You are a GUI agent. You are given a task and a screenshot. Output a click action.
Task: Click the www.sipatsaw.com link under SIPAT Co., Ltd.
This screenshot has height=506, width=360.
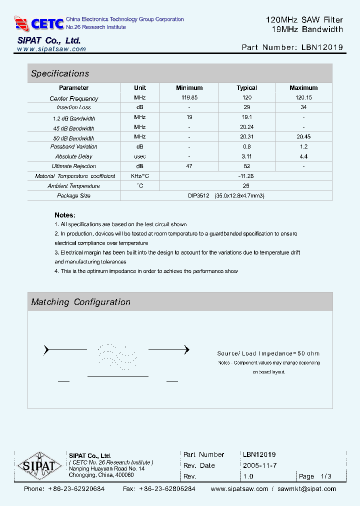[x=51, y=49]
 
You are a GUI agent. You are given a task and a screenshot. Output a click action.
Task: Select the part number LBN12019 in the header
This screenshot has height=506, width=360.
[x=322, y=47]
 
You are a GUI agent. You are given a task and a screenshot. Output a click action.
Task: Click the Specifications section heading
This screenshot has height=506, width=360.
[x=60, y=73]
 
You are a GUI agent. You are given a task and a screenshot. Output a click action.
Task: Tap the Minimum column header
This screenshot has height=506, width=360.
[x=189, y=88]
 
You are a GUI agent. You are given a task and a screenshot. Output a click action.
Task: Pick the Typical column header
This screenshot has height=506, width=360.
[x=246, y=88]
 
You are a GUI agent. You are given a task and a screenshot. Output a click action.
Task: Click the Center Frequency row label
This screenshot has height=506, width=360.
[x=74, y=98]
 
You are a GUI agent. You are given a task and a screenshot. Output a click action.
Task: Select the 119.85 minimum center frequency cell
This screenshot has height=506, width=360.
[x=189, y=98]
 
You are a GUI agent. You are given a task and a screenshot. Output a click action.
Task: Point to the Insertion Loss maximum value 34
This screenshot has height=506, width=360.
[x=303, y=107]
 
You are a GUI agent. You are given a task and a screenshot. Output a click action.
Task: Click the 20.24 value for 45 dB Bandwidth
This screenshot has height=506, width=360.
[x=246, y=127]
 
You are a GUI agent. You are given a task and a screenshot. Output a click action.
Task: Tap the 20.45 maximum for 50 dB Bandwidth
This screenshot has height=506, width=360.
[x=303, y=137]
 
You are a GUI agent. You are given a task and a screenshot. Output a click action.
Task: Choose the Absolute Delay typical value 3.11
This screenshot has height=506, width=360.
[x=246, y=156]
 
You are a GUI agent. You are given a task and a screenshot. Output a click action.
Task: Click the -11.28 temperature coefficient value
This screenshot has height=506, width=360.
[x=246, y=176]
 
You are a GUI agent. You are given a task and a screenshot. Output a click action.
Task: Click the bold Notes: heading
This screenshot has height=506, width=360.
[x=64, y=214]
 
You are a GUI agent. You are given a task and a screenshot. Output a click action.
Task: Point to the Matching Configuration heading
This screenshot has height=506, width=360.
[x=80, y=302]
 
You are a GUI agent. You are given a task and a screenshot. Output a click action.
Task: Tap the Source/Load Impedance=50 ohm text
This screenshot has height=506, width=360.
[x=268, y=353]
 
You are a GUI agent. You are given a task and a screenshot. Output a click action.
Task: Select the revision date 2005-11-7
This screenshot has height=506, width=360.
[x=259, y=465]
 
